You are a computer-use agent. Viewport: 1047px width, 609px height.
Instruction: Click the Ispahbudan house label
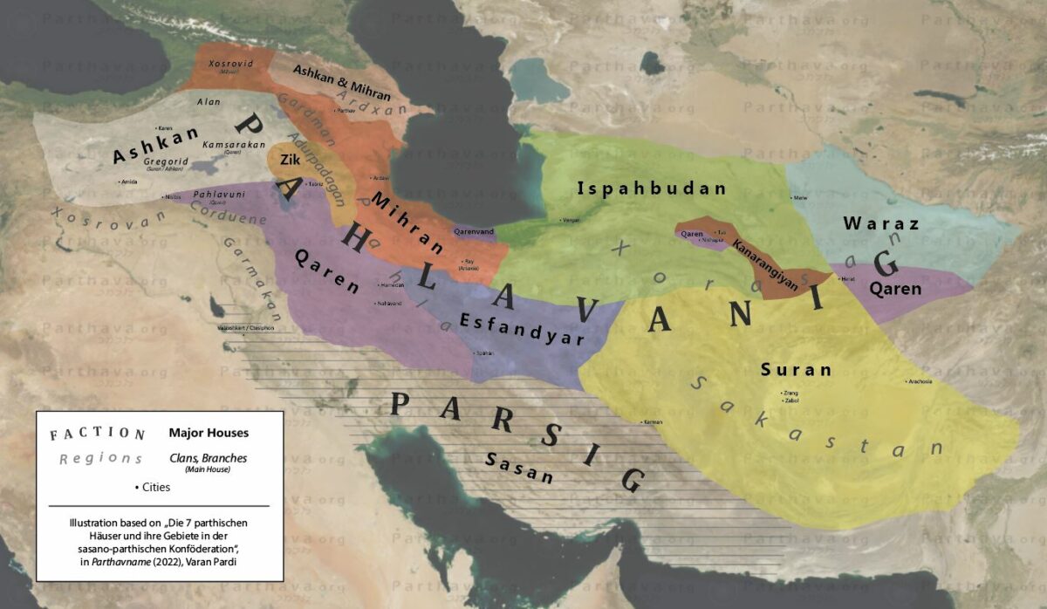tap(652, 188)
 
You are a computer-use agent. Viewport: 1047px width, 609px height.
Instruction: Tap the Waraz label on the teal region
tap(881, 223)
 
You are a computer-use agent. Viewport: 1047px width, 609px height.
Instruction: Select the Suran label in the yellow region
tap(796, 369)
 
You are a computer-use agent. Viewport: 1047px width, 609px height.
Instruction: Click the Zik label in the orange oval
tap(290, 161)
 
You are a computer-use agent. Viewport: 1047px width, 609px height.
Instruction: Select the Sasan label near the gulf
tap(520, 468)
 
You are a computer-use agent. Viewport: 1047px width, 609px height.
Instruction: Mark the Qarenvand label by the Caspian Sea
tap(474, 233)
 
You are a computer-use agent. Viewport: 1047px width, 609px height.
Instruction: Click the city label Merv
tap(800, 198)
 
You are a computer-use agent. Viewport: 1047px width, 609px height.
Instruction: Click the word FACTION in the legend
tap(97, 434)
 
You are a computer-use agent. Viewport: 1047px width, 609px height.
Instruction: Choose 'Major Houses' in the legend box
tap(209, 433)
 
